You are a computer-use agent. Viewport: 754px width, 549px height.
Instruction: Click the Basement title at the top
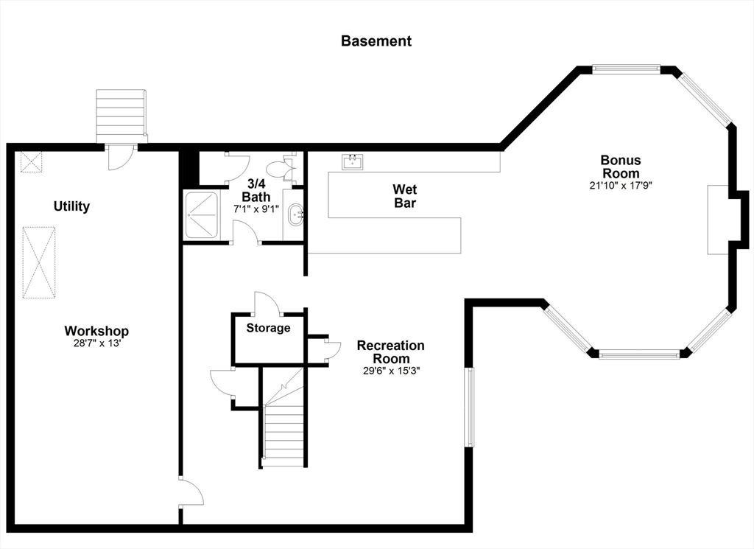(376, 41)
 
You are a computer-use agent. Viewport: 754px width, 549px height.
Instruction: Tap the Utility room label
(71, 206)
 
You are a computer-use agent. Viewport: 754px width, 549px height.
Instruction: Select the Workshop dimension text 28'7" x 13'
(96, 343)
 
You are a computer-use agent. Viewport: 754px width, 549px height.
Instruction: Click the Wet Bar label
(405, 196)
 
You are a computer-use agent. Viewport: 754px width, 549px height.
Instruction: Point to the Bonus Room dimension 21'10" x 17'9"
(621, 185)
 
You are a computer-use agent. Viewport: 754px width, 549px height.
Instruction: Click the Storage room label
(268, 328)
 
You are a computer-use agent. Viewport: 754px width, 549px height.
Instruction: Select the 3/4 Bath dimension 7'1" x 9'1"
(256, 209)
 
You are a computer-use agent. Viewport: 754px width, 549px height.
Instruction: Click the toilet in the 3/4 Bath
(282, 168)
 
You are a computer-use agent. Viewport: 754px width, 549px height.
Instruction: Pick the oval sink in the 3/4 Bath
(295, 214)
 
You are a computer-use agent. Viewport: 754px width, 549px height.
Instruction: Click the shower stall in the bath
(202, 214)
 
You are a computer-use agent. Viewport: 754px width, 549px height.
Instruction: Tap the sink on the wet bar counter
(353, 162)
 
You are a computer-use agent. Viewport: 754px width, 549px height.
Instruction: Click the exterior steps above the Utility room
(121, 116)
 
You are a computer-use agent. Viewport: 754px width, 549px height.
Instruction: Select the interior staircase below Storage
(283, 416)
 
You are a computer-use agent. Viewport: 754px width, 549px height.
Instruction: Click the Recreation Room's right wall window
(469, 407)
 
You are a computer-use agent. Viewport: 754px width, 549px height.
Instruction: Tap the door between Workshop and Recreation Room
(191, 492)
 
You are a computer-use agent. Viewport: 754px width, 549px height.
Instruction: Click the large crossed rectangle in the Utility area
(39, 263)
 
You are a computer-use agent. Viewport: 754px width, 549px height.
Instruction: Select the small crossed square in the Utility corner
(31, 161)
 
